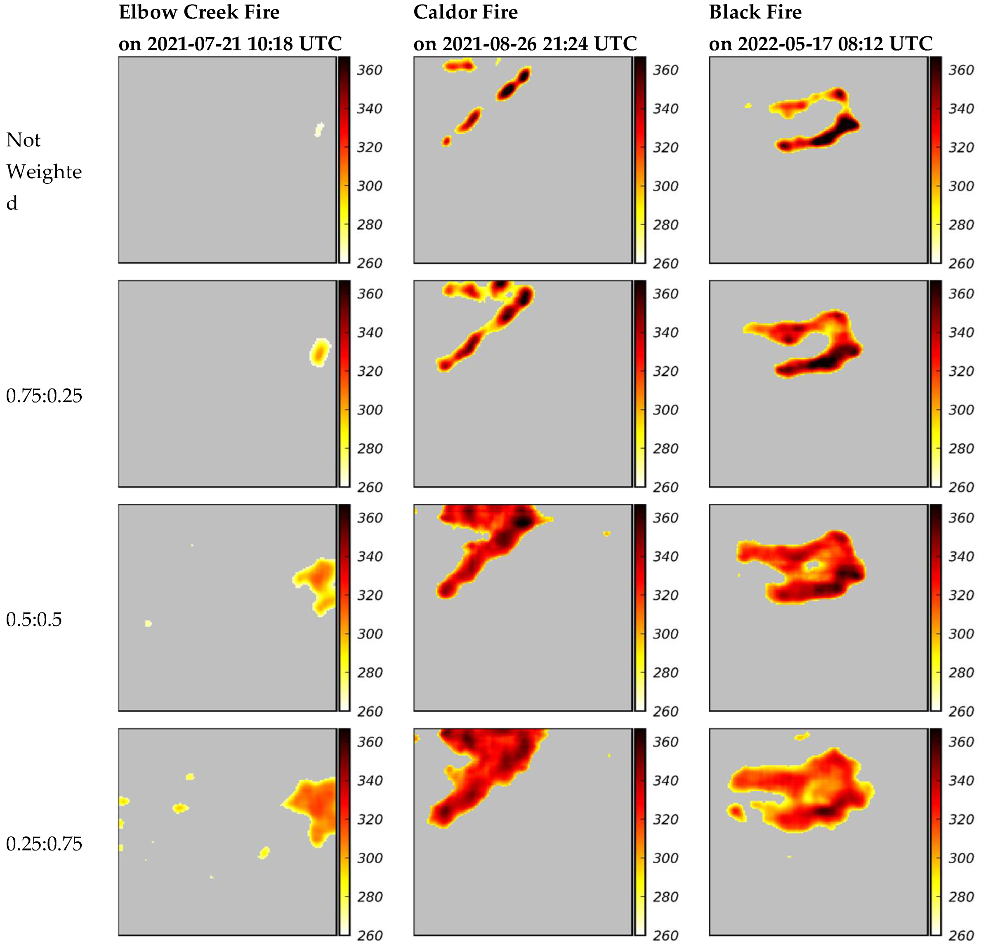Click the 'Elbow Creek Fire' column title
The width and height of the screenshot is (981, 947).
click(x=199, y=12)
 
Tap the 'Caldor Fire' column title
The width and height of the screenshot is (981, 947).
click(x=465, y=12)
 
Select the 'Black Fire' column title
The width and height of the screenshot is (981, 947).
click(x=755, y=12)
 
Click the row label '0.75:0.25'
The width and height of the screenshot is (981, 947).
click(x=44, y=396)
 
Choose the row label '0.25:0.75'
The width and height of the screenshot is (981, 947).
click(x=44, y=843)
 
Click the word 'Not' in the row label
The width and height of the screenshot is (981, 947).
click(x=23, y=140)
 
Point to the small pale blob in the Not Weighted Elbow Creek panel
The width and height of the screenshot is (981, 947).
click(x=318, y=129)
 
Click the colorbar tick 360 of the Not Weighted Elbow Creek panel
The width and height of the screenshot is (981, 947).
click(x=369, y=70)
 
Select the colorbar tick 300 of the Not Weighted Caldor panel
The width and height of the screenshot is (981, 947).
click(x=665, y=186)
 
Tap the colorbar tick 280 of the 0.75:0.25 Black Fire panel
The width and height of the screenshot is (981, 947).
click(x=961, y=448)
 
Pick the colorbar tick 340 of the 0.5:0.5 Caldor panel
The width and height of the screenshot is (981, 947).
click(x=665, y=556)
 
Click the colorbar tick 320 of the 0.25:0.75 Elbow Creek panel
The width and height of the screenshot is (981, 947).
click(x=369, y=820)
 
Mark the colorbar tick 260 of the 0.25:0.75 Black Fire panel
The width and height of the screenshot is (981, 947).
click(x=961, y=935)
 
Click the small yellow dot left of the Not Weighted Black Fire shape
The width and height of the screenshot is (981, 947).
click(x=748, y=106)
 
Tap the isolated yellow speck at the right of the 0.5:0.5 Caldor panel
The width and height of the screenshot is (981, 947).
click(x=606, y=534)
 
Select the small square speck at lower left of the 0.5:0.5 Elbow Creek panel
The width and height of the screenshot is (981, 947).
click(x=148, y=623)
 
